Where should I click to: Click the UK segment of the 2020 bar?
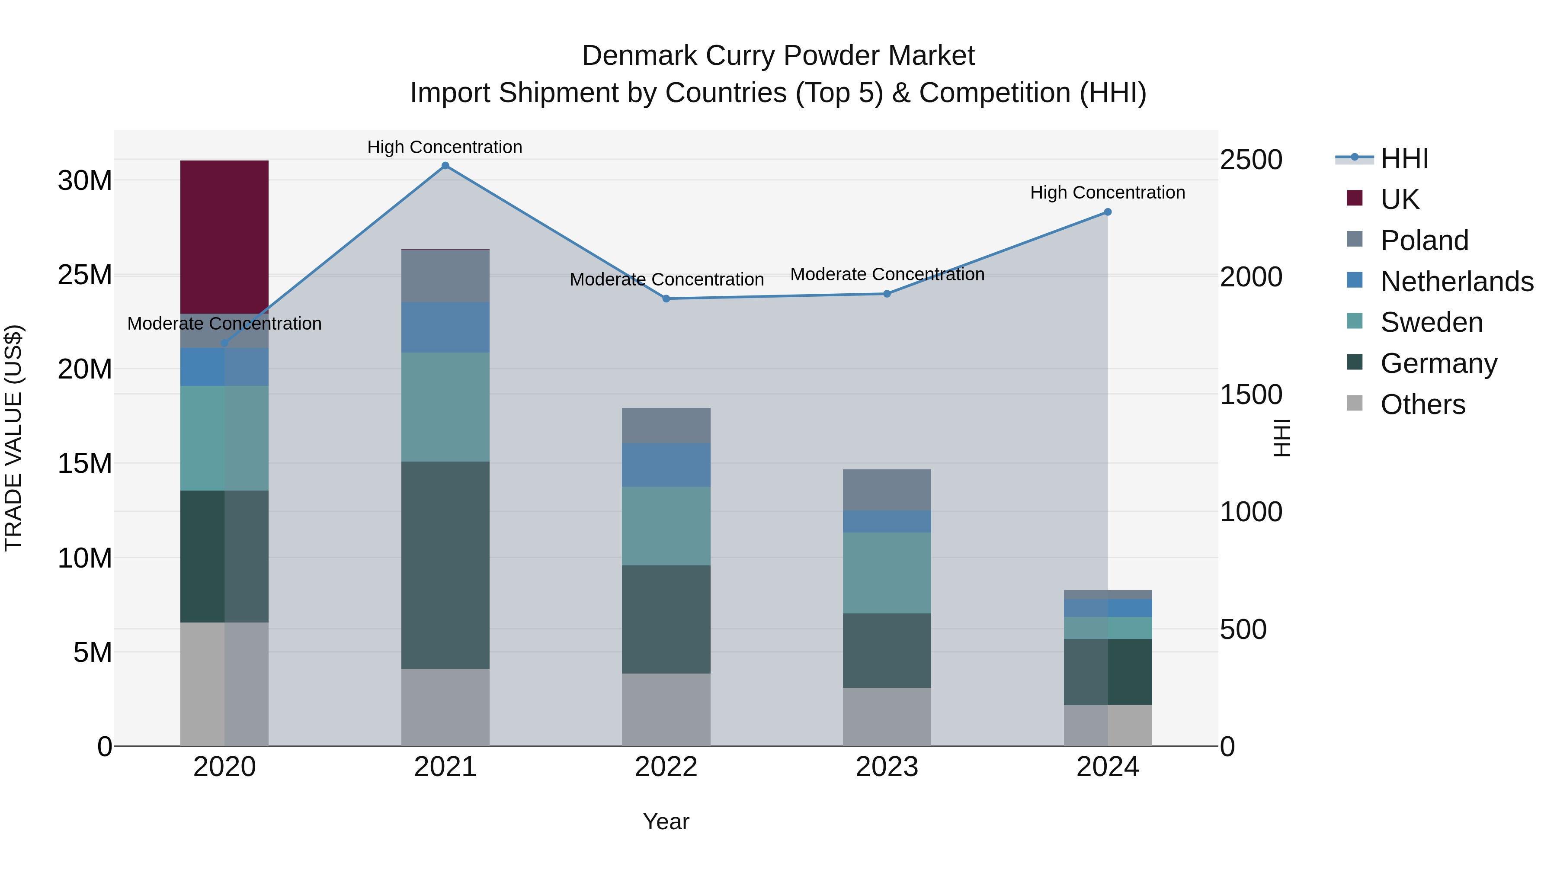(224, 237)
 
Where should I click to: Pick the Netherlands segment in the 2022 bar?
(666, 465)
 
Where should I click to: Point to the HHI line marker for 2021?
(445, 166)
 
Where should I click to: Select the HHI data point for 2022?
(666, 298)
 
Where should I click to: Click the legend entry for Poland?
(1424, 241)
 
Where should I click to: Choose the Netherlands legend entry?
(1457, 282)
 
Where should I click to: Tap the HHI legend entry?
(1404, 158)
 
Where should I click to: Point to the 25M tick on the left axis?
(85, 275)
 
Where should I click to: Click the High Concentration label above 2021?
(445, 147)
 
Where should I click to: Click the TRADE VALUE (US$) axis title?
(13, 438)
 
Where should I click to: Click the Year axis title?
(666, 821)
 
